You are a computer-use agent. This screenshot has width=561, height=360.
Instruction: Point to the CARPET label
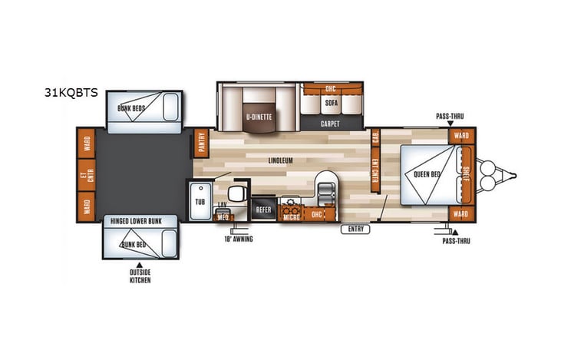tap(331, 122)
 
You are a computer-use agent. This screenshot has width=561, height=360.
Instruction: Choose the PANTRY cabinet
tap(202, 143)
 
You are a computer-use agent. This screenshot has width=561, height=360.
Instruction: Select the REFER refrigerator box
tap(263, 208)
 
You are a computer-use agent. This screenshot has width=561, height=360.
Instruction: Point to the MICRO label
tap(291, 216)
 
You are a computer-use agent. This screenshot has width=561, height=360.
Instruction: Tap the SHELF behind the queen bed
tap(465, 173)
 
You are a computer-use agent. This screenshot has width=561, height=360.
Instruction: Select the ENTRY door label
tap(355, 228)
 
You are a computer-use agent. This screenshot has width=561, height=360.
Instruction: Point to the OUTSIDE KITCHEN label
tap(140, 276)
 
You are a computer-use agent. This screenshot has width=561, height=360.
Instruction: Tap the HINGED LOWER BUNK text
tap(140, 220)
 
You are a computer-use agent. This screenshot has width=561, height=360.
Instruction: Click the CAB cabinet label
tap(375, 137)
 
